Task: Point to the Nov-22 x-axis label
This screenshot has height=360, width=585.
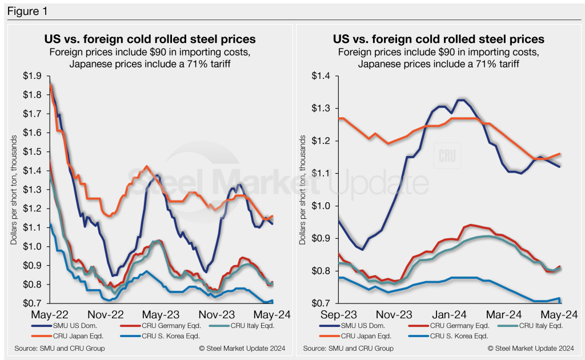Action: (x=107, y=314)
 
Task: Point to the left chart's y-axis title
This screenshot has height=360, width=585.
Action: (x=14, y=189)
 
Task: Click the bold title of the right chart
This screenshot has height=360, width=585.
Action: (x=438, y=39)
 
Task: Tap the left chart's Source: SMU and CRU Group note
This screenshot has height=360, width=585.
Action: (x=57, y=348)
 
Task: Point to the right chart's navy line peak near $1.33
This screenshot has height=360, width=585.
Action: (x=460, y=100)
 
